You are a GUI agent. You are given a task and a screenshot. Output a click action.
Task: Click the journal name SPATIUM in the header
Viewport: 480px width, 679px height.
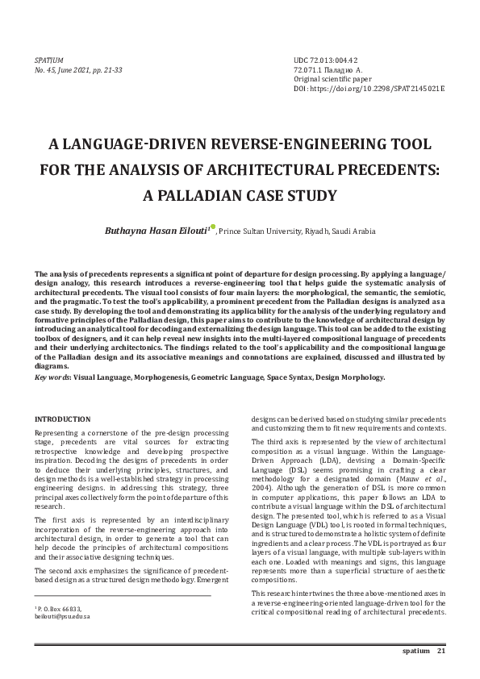49,61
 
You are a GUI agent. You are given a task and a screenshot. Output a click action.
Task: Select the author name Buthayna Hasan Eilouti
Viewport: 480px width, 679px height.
156,231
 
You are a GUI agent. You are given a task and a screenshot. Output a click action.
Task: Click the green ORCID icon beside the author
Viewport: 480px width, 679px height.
214,227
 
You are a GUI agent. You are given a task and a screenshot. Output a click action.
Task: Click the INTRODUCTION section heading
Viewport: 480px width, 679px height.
62,420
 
